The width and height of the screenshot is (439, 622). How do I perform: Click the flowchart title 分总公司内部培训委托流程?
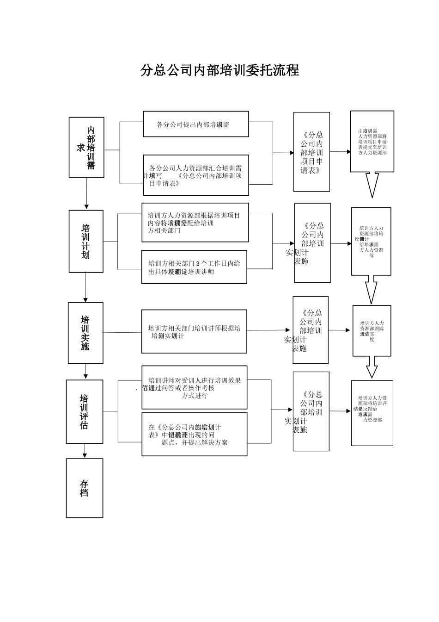220,70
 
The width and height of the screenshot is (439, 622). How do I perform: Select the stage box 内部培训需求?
86,147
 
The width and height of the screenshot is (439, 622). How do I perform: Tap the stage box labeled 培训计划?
86,241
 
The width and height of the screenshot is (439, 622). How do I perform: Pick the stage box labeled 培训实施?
85,333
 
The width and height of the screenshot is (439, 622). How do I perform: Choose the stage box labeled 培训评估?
84,411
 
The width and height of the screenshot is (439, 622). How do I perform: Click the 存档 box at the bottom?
84,488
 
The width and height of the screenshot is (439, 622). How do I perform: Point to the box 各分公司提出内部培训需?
195,124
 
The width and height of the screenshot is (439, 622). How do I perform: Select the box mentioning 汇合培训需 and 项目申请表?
195,175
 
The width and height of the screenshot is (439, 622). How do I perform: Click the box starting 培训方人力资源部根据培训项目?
195,222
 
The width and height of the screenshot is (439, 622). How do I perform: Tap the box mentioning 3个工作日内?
194,267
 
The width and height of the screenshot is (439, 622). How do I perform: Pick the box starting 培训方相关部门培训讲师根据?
194,331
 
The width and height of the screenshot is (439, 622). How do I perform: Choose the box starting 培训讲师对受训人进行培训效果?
194,387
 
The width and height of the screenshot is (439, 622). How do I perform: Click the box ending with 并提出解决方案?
194,434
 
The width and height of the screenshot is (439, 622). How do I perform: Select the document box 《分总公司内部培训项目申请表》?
311,152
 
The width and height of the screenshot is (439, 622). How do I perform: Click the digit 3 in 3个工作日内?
198,263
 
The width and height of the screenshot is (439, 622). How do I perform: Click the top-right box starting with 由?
372,141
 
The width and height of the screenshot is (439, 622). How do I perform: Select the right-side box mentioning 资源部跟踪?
372,330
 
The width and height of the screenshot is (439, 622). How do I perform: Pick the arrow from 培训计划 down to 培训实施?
85,287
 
